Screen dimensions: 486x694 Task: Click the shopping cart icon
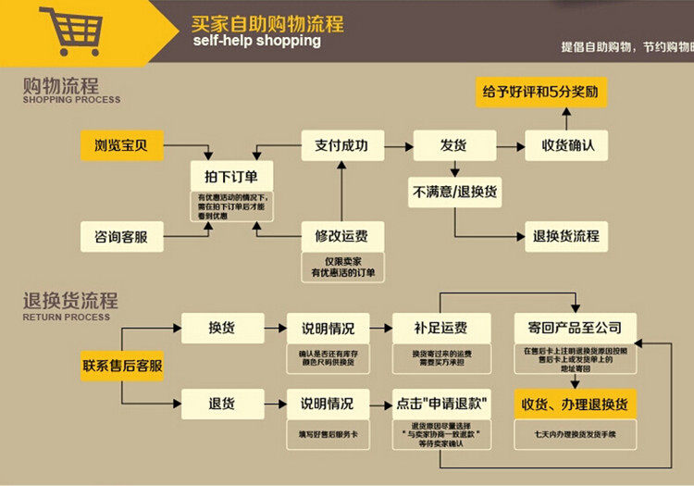coord(70,31)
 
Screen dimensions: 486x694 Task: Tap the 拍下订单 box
coord(225,176)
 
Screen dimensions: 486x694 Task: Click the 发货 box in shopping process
coord(452,144)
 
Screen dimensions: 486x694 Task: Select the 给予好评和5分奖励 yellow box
coord(539,92)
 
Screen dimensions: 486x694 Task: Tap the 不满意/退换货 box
coord(455,192)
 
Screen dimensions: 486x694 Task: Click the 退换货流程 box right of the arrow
coord(565,236)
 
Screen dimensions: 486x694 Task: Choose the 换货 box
coord(219,328)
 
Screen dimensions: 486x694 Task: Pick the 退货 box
coord(219,404)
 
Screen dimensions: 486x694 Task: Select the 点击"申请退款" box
coord(441,404)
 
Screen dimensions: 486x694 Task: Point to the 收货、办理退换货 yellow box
coord(574,404)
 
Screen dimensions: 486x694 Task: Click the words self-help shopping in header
coord(256,41)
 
